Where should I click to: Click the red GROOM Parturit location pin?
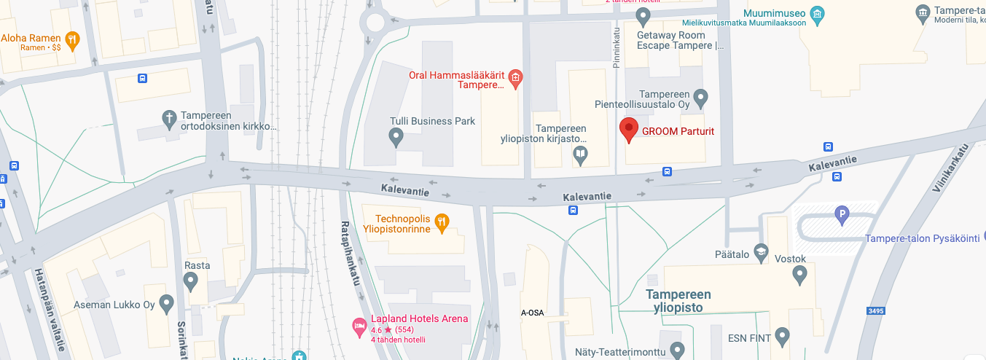[628, 130]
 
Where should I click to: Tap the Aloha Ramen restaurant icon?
[71, 40]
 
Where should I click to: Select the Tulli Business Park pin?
[396, 136]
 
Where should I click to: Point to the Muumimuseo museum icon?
[817, 14]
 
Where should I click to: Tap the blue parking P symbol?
[842, 214]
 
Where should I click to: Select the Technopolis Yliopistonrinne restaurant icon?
[441, 223]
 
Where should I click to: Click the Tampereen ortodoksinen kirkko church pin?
[169, 118]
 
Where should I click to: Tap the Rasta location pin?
[190, 281]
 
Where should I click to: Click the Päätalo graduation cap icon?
[761, 251]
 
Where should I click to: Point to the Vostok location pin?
[799, 275]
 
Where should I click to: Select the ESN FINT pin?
[782, 337]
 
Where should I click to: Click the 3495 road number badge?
[876, 311]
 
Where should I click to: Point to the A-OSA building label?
[532, 313]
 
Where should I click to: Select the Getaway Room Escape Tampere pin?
[643, 15]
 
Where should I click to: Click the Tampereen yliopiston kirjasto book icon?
[580, 154]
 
